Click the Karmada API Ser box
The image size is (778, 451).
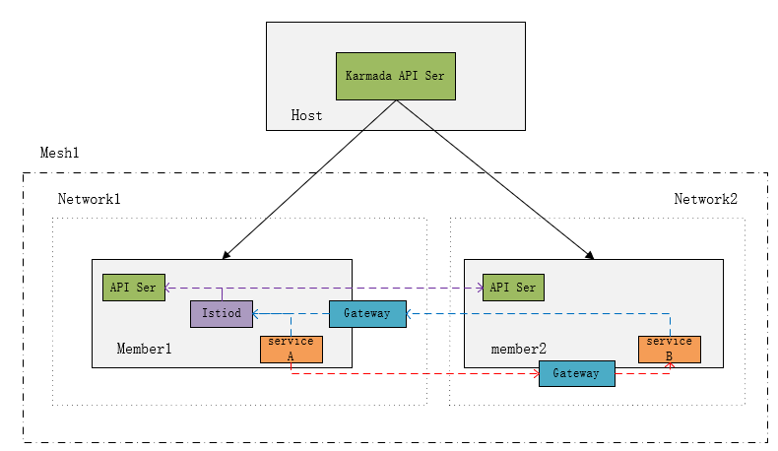(395, 75)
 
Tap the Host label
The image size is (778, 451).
(306, 115)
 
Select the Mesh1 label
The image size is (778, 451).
(58, 154)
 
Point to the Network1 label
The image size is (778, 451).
(89, 199)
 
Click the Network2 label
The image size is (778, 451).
(705, 199)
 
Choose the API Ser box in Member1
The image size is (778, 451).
(134, 288)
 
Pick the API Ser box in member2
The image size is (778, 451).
(512, 288)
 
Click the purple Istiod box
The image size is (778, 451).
(222, 314)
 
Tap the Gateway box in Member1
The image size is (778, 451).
(366, 314)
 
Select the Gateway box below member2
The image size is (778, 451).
(576, 374)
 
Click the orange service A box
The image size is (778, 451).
(291, 349)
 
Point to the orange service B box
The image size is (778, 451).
(669, 349)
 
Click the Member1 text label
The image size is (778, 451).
(144, 349)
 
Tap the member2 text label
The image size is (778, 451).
(518, 350)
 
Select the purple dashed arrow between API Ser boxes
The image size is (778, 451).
(325, 288)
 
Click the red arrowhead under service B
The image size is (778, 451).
(670, 366)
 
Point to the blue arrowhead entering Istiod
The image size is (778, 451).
(258, 314)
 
